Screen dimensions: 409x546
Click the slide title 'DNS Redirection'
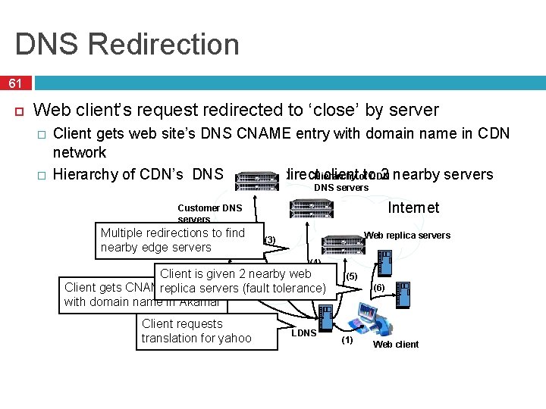click(127, 44)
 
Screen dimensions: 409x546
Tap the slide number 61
click(15, 83)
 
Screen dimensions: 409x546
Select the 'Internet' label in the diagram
click(413, 208)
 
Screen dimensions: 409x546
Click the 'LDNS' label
click(303, 333)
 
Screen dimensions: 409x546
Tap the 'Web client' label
click(395, 345)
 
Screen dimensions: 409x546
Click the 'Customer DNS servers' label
click(209, 213)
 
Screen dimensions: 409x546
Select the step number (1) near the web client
click(347, 340)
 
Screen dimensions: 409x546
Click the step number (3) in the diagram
click(269, 240)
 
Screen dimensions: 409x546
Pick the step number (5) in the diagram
click(351, 276)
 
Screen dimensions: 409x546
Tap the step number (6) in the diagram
click(378, 288)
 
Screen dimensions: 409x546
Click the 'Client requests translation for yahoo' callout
click(196, 331)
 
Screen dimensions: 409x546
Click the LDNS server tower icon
click(325, 315)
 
